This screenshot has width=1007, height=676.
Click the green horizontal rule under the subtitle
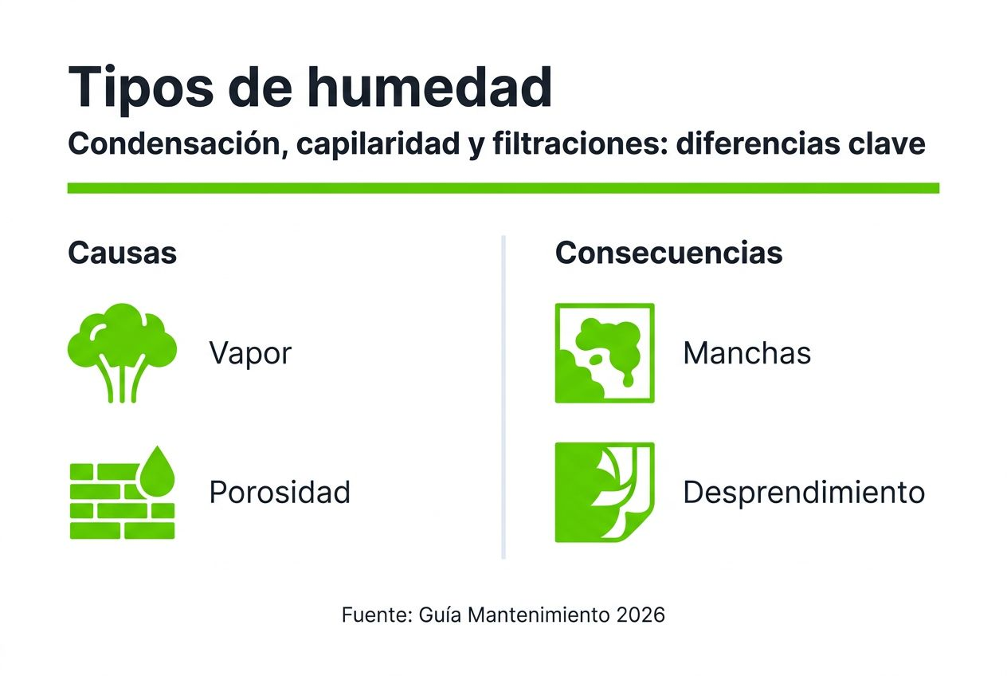503,188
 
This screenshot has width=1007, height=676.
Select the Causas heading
122,253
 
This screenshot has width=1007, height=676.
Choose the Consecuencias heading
668,253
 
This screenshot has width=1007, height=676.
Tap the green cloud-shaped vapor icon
122,351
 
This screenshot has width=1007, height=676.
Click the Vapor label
250,353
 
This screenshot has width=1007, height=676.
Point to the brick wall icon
112,502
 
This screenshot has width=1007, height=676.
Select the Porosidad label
280,493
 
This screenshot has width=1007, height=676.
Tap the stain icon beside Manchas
604,352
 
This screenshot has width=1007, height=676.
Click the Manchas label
746,353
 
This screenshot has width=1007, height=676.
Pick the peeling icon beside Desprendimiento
604,492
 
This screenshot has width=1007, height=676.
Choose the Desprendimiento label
804,493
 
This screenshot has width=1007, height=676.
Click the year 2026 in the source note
641,615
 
